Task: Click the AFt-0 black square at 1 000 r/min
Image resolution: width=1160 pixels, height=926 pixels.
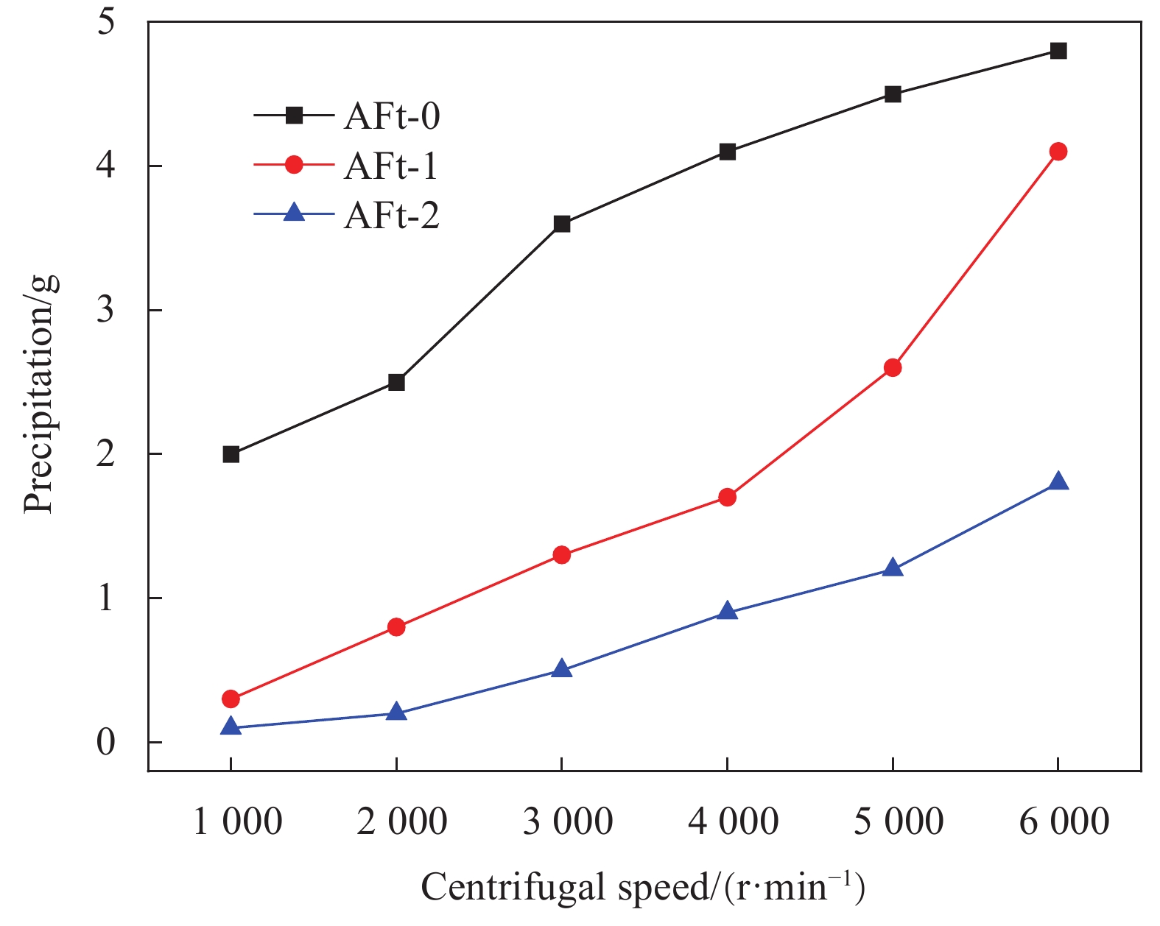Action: (x=231, y=454)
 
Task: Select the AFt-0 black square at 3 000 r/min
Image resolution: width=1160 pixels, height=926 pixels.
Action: (x=561, y=224)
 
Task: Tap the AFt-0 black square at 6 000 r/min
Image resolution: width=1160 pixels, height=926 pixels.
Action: (x=1058, y=51)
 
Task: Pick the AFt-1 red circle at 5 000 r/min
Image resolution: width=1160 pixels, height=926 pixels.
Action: (x=893, y=367)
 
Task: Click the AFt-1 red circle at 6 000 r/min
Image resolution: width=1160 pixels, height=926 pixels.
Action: (x=1058, y=152)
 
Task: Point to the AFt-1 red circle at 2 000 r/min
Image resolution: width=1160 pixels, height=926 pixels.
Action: (x=396, y=627)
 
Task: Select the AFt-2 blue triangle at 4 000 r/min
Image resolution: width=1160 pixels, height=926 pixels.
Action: (x=727, y=612)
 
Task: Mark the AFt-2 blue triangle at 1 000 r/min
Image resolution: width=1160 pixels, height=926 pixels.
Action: (x=231, y=727)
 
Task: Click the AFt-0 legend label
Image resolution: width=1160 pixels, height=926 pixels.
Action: (x=391, y=116)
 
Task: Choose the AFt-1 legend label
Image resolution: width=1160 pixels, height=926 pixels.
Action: (x=391, y=166)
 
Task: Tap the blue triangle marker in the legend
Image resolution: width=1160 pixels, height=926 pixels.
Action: (x=294, y=214)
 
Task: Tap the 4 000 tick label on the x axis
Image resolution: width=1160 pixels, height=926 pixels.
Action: (x=733, y=821)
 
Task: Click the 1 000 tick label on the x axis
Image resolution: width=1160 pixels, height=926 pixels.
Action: (x=237, y=821)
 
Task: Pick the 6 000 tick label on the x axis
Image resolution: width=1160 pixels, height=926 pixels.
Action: (x=1064, y=821)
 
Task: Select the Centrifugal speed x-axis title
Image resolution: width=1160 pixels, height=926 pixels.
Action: (x=643, y=887)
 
